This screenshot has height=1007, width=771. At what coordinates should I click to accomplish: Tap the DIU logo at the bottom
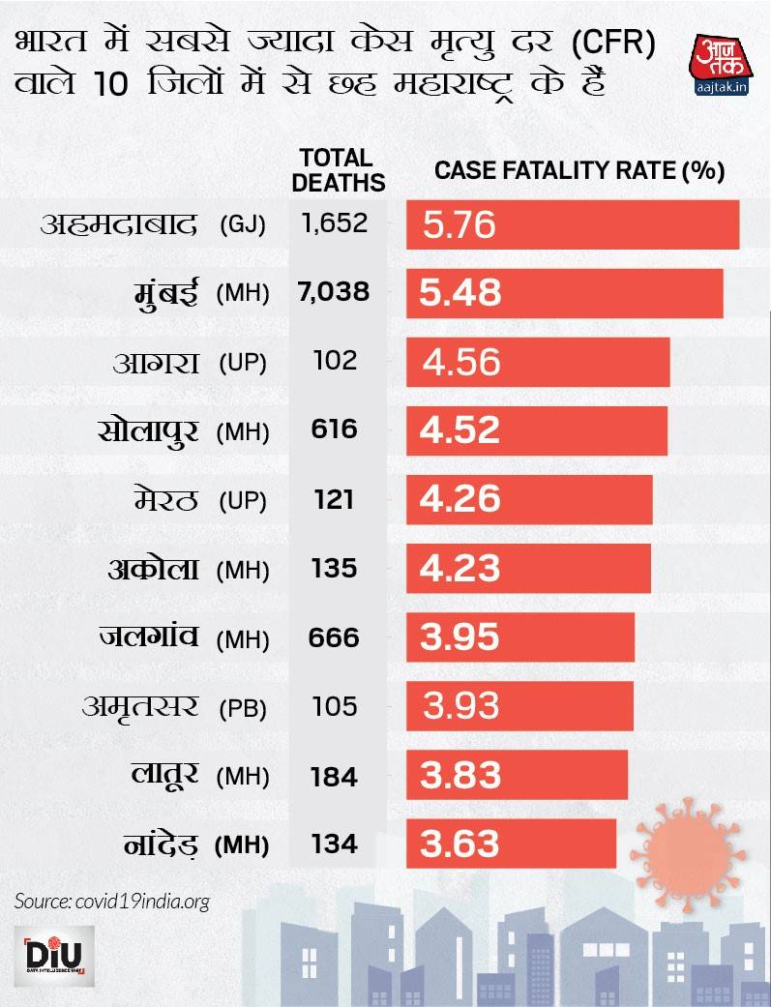53,958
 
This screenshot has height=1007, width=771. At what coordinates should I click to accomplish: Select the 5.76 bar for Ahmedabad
572,225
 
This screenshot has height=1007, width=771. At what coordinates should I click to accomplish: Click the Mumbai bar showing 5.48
564,293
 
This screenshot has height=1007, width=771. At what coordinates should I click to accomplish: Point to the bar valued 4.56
538,362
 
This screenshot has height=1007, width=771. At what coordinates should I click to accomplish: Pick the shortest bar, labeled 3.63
511,844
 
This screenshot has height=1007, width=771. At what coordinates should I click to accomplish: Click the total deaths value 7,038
334,291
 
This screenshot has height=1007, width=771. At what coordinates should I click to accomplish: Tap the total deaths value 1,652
334,223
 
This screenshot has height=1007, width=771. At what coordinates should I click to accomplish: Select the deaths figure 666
335,637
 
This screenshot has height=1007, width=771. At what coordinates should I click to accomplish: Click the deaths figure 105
335,706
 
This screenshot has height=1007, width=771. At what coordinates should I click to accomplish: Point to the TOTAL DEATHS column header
338,170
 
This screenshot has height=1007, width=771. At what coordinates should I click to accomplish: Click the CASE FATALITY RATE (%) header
579,171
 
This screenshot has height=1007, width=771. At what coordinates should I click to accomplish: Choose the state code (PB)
242,707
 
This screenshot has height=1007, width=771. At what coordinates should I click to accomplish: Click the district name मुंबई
165,291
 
